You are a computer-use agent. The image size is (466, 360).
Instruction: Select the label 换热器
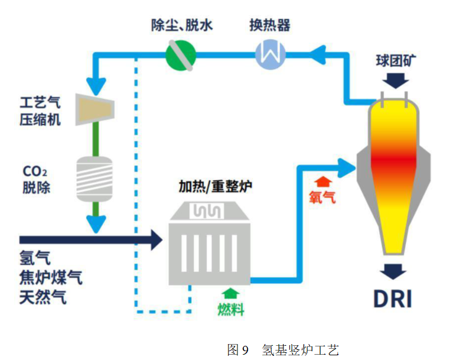pos(269,26)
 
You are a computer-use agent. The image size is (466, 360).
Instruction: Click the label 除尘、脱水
pos(181,26)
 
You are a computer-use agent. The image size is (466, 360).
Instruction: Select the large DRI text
pos(392,299)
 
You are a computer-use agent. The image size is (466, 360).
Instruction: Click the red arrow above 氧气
pos(322,180)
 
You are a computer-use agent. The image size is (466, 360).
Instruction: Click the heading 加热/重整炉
pos(215,188)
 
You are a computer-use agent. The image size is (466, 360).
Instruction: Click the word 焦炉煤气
pos(51,278)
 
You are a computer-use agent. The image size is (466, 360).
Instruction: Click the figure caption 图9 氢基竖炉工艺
pos(283,349)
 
